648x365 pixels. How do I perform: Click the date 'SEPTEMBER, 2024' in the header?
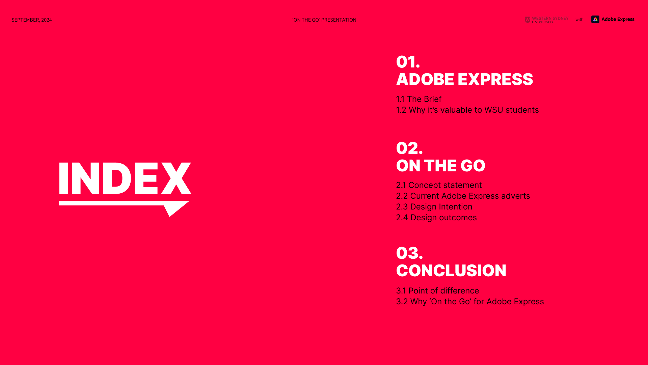click(32, 20)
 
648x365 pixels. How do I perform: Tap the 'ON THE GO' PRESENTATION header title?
click(324, 20)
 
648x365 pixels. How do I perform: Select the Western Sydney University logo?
click(546, 20)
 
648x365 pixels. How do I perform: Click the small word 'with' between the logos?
click(579, 20)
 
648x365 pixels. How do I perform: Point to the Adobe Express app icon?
click(595, 20)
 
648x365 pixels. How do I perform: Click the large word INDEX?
click(125, 178)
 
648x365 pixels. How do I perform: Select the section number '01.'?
click(408, 62)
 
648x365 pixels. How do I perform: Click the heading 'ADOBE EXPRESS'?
click(464, 79)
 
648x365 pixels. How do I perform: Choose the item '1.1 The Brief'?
click(418, 99)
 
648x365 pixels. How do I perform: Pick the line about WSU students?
click(467, 110)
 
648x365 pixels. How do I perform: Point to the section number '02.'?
click(409, 148)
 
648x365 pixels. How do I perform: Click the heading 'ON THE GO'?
click(440, 166)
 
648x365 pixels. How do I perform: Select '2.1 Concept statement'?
click(439, 185)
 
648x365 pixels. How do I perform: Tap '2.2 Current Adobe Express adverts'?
click(463, 196)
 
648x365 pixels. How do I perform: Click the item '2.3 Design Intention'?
click(434, 207)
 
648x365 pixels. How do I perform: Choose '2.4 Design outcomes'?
click(436, 218)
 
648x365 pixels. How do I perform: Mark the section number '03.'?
click(409, 253)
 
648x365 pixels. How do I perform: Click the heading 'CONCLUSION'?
click(451, 271)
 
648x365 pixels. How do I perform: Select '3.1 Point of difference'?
click(437, 291)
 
